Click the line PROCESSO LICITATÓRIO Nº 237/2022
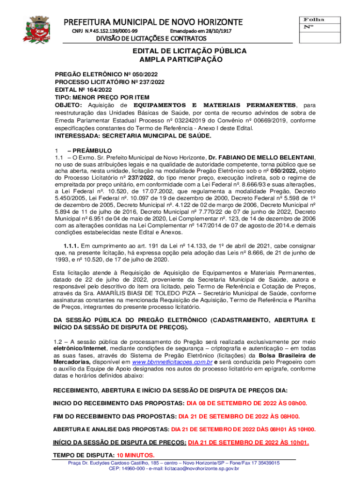point(109,82)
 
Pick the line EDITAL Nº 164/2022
point(83,90)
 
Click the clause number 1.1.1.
point(71,246)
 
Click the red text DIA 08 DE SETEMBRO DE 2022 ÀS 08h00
point(246,403)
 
